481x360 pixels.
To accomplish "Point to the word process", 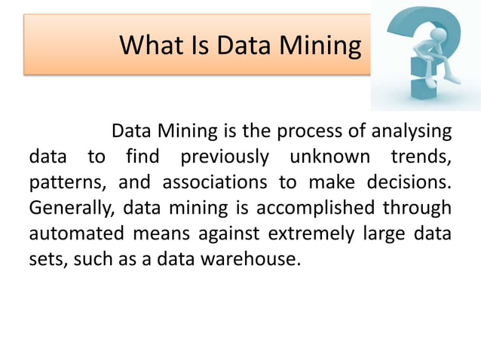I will (x=309, y=132).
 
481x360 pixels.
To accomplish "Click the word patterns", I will (x=63, y=183).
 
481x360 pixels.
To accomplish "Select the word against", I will (x=224, y=234).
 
